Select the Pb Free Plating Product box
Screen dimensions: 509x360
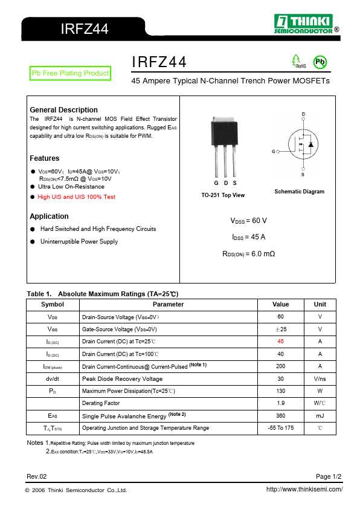[70, 73]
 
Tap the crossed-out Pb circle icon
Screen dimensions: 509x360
[320, 62]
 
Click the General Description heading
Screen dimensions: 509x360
[63, 110]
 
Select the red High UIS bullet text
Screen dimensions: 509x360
[76, 197]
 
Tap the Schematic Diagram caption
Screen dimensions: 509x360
[299, 192]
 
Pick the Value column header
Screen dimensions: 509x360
[280, 305]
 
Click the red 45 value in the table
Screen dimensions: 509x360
[280, 342]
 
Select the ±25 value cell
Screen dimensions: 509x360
[280, 329]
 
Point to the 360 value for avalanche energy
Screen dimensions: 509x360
[280, 416]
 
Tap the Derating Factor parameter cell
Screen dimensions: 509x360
[101, 403]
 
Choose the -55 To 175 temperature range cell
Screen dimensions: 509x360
[280, 428]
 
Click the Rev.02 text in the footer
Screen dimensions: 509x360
[36, 476]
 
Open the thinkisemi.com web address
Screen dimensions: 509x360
[304, 490]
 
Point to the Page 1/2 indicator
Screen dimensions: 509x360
[329, 476]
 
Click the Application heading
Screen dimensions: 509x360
[49, 216]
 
